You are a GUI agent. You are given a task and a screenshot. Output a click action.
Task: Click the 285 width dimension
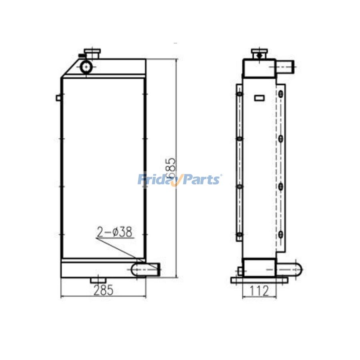point(103,290)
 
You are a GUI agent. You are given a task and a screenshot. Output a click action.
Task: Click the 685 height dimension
point(171,168)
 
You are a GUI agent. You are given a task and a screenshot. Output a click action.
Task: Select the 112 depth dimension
point(259,291)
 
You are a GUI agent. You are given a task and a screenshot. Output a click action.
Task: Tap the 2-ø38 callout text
point(114,232)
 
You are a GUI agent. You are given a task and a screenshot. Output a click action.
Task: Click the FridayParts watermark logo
point(180,179)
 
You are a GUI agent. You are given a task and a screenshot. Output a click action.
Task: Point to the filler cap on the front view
point(92,53)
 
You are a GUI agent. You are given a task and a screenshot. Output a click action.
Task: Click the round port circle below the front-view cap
point(86,66)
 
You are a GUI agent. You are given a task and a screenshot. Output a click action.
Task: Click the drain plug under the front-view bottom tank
point(98,280)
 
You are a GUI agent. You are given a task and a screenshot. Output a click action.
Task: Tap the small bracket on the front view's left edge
point(58,98)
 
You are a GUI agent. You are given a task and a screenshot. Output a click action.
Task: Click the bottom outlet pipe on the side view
point(289,269)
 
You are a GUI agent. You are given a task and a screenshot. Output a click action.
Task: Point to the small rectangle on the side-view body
point(259,97)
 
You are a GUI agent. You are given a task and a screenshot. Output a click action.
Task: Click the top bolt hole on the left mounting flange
point(239,94)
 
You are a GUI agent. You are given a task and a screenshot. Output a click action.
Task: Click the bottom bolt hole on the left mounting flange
point(239,235)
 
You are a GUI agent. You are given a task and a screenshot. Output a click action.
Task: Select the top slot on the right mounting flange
point(281,94)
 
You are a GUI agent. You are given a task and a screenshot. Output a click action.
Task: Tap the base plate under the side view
point(259,280)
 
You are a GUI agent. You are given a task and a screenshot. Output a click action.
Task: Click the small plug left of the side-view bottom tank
point(240,271)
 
